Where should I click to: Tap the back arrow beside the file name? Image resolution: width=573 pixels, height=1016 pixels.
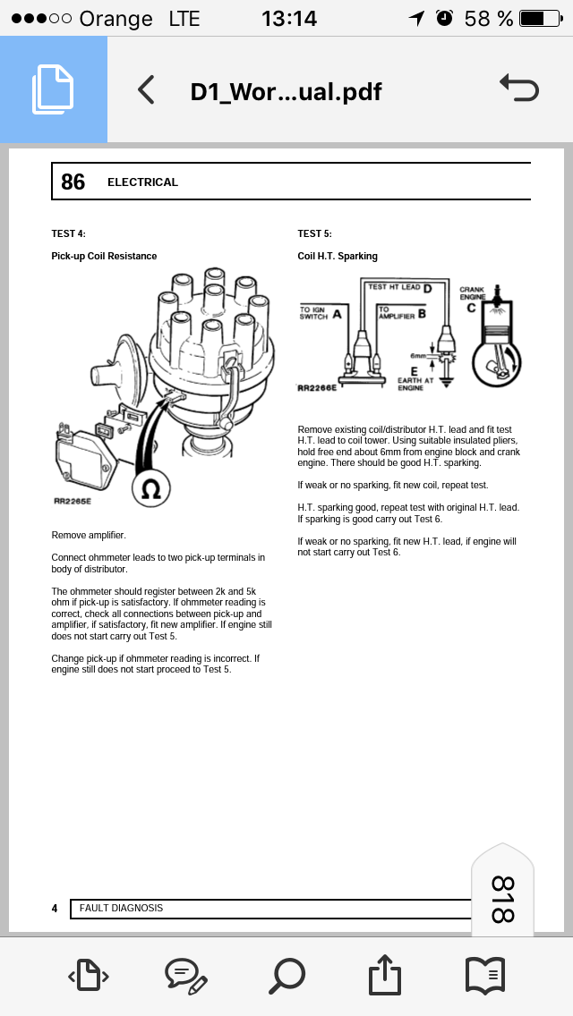pos(146,89)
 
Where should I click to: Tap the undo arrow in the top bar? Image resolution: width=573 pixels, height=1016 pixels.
pos(518,88)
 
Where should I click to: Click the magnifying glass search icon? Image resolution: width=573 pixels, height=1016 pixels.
pos(286,976)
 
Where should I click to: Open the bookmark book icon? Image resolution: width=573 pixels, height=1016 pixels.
pos(485,975)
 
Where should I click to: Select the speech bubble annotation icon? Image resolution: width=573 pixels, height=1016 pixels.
pos(186,976)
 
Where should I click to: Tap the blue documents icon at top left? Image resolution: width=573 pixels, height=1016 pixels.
pos(53,89)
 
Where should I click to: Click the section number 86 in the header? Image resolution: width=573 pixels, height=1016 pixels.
pos(73,182)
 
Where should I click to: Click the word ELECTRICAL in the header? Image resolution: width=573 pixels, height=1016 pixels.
pos(142,182)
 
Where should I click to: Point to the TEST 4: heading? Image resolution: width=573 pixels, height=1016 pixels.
pos(69,233)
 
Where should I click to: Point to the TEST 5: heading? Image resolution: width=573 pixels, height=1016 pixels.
pos(315,233)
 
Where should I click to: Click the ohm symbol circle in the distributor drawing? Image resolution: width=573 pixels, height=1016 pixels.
pos(151,488)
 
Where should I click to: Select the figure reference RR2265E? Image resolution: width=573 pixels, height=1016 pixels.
pos(73,502)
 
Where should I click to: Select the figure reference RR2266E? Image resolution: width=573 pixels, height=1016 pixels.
pos(317,388)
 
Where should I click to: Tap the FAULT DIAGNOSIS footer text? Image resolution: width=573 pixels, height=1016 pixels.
pos(122,908)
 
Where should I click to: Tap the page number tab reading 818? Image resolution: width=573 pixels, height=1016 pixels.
pos(502,898)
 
